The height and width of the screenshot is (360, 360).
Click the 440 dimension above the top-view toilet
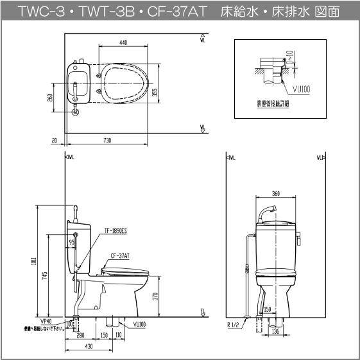point(123,42)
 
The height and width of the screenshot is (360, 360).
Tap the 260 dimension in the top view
point(50,98)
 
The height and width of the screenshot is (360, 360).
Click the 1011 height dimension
point(40,261)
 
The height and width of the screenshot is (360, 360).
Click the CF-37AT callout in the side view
point(119,255)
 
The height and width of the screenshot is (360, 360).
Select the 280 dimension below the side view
point(80,336)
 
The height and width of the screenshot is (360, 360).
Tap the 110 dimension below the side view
point(119,336)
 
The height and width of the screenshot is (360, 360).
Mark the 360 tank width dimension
point(275,193)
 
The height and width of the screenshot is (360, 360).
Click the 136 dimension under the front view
point(275,332)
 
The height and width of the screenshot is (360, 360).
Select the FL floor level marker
point(202,313)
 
